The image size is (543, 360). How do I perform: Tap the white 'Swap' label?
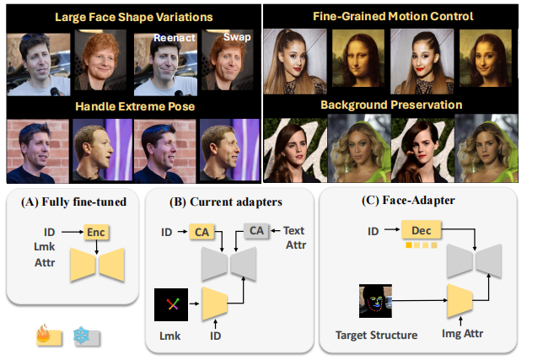tap(238, 38)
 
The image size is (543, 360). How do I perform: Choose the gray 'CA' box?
tap(256, 231)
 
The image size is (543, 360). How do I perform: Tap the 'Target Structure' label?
tap(377, 335)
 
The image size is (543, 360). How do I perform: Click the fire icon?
tap(44, 336)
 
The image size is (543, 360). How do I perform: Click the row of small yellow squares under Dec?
tap(418, 245)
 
